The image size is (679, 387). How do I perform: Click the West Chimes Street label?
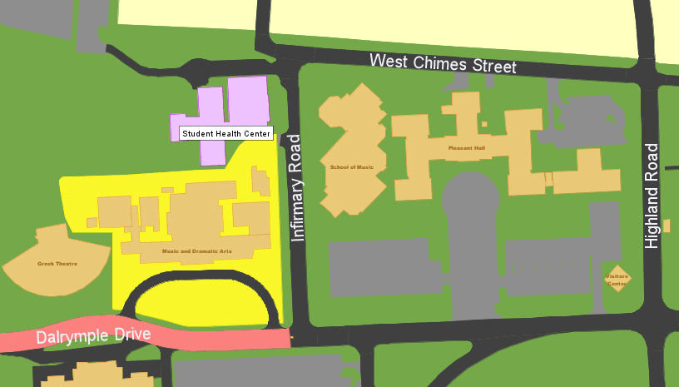point(443,63)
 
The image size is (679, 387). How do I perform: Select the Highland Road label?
point(652,196)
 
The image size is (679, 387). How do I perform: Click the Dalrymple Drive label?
point(93,337)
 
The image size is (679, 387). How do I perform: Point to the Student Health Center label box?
point(226,133)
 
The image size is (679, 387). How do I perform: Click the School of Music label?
point(352,167)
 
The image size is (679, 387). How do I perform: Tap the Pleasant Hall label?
point(466,147)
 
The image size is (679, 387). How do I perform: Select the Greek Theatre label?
point(57,264)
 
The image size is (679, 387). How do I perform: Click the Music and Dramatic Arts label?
point(196,251)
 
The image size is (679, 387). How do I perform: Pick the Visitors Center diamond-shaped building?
point(617,280)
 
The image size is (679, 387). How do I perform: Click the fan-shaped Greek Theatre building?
point(54,258)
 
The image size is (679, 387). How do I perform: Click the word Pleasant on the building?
point(458,147)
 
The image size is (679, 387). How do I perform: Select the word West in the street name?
point(389,61)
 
